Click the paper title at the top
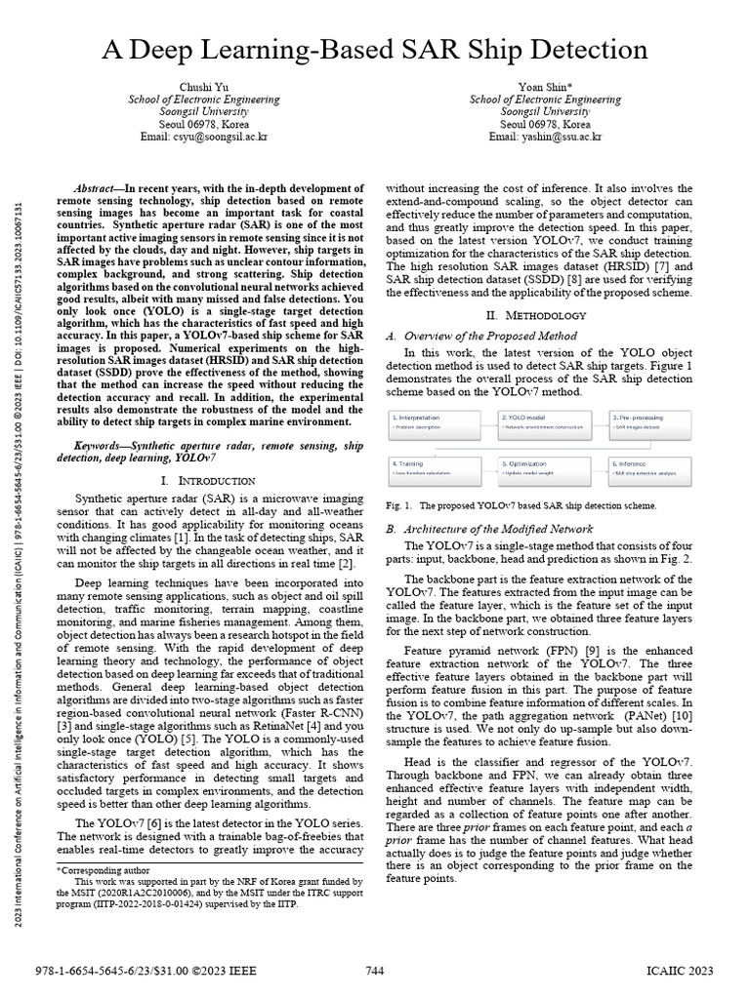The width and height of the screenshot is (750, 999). point(375,49)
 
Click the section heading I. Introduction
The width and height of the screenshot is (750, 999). point(207,481)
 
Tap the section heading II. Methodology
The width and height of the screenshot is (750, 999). point(536,315)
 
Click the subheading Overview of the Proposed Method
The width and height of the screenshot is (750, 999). point(484,336)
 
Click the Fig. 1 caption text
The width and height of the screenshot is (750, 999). point(522,506)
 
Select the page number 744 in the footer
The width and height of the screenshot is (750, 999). point(375,972)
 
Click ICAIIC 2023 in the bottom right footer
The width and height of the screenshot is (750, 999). point(680,972)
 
